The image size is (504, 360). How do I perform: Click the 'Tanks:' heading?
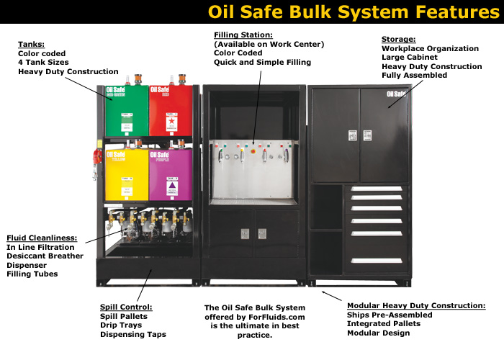(31, 44)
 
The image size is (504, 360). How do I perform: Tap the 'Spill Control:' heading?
(127, 307)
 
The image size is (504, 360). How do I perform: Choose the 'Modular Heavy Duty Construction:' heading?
(416, 305)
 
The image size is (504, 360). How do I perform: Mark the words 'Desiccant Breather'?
(45, 256)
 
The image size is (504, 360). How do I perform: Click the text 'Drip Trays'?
(122, 325)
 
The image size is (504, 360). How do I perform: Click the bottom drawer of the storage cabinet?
(376, 259)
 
